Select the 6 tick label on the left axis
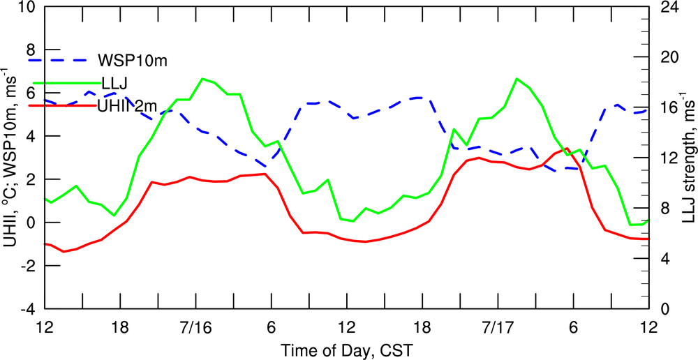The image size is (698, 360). pos(29,93)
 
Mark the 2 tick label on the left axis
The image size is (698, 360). pos(29,179)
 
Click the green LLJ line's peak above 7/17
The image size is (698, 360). pos(517,79)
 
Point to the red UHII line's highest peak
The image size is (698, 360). pos(567,149)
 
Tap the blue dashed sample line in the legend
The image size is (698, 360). pos(59,60)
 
